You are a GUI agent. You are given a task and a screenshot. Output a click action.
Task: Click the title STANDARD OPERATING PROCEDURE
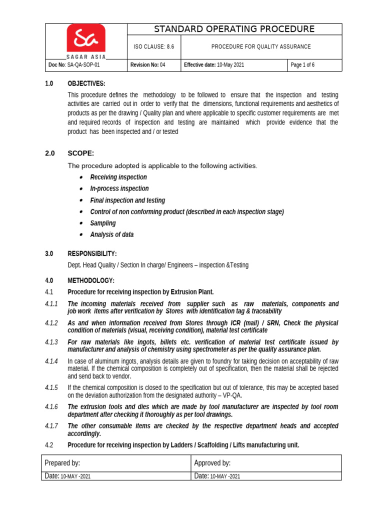(x=234, y=29)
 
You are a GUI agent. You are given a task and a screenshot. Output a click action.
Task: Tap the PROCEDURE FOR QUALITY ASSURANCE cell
(x=261, y=47)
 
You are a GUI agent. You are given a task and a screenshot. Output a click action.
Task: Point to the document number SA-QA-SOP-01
(x=77, y=65)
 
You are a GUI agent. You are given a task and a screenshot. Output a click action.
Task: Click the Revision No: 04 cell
(x=147, y=65)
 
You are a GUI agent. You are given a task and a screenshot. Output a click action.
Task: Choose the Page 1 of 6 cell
(x=302, y=65)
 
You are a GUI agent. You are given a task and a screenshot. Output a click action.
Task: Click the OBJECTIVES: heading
(x=86, y=83)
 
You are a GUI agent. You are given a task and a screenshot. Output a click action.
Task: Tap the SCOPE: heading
(x=81, y=153)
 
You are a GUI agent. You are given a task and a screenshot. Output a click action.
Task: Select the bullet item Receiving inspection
(x=118, y=177)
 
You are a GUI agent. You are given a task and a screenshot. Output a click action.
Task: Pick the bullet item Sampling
(x=102, y=223)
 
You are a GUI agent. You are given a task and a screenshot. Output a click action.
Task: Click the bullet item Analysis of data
(x=111, y=235)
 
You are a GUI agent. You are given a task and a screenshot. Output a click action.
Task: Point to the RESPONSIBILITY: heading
(x=92, y=253)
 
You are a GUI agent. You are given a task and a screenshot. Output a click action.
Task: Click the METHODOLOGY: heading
(x=91, y=280)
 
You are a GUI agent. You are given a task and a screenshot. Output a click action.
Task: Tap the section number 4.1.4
(x=51, y=361)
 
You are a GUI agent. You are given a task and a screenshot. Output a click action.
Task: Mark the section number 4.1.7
(x=51, y=426)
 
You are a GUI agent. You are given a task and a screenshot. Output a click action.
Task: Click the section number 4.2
(x=49, y=445)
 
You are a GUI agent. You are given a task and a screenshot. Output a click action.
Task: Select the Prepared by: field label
(x=62, y=463)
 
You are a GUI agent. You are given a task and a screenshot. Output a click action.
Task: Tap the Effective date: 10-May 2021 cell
(x=214, y=65)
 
